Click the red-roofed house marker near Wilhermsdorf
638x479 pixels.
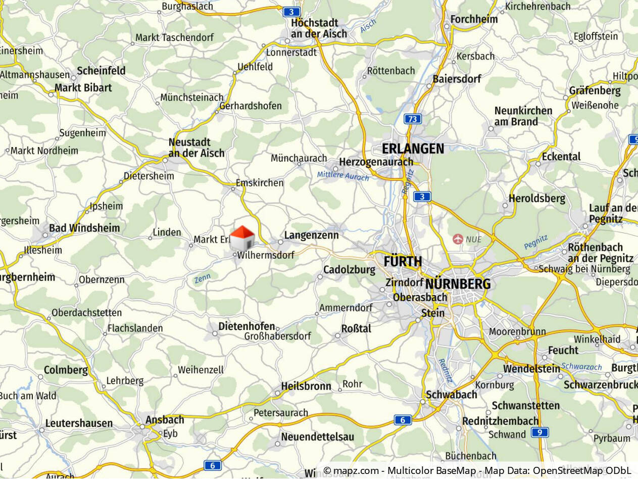coord(242,238)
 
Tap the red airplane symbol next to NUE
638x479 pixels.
coord(458,238)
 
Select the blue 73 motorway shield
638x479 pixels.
coord(413,119)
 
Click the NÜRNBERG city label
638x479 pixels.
coord(458,284)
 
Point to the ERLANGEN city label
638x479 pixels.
coord(413,149)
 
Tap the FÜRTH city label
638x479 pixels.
coord(403,262)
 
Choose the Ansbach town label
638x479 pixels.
coord(165,420)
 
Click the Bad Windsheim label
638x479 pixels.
coord(84,228)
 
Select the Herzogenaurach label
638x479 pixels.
coord(376,162)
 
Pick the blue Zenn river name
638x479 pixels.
coord(202,277)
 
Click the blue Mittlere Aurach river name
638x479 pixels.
coord(343,176)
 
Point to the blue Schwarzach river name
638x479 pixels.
coord(581,367)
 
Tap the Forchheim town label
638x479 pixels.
coord(474,19)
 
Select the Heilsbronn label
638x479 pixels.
coord(306,387)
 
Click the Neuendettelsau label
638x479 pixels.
coord(318,437)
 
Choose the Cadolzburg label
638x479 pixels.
coord(349,270)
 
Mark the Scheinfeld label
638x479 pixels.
coord(101,71)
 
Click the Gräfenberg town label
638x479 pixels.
coord(595,91)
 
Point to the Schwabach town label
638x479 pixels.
coord(452,395)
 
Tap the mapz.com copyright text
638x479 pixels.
coord(477,471)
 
